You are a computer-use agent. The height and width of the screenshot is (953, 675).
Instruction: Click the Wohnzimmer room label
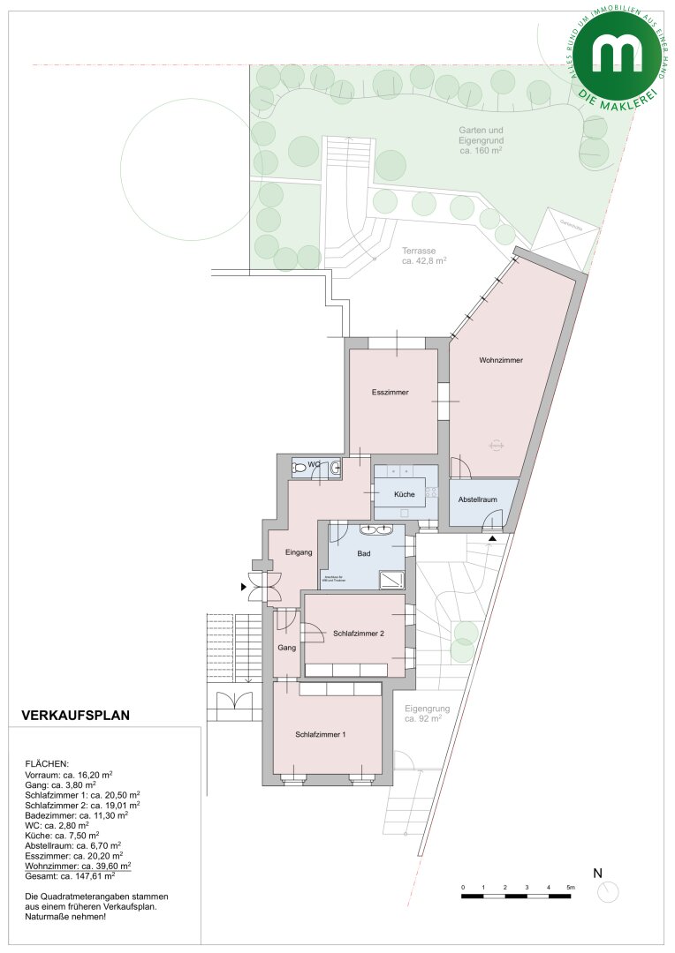501,361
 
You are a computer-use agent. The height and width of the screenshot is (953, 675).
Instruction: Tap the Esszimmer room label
390,393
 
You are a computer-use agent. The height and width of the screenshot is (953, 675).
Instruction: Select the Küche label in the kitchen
404,494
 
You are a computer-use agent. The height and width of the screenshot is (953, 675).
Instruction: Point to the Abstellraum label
477,499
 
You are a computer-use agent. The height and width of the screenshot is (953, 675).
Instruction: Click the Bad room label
363,554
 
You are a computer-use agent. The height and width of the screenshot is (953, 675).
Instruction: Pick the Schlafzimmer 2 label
358,634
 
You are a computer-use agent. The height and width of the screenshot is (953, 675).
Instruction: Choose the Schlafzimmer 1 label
321,734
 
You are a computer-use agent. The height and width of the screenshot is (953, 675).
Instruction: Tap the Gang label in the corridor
286,648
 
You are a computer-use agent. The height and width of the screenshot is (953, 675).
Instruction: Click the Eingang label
300,553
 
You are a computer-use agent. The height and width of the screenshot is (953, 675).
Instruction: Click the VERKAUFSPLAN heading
75,716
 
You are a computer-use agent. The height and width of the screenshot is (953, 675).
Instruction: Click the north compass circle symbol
608,892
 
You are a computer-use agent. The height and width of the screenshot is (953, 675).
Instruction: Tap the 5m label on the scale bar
570,887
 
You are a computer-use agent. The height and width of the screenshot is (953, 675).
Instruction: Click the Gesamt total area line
70,876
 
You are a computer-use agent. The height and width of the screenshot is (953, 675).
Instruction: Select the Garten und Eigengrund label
481,140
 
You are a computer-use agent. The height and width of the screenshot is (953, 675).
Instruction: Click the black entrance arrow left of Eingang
245,585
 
